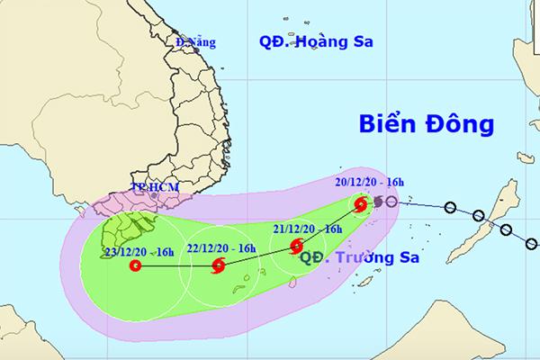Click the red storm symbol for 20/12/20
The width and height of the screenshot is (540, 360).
pyautogui.click(x=360, y=205)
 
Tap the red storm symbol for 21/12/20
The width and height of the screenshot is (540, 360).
pyautogui.click(x=298, y=247)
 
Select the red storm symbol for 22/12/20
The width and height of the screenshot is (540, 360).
pyautogui.click(x=217, y=265)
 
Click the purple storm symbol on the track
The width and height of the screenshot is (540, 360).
pyautogui.click(x=377, y=202)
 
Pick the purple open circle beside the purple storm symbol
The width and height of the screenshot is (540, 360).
pyautogui.click(x=391, y=202)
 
